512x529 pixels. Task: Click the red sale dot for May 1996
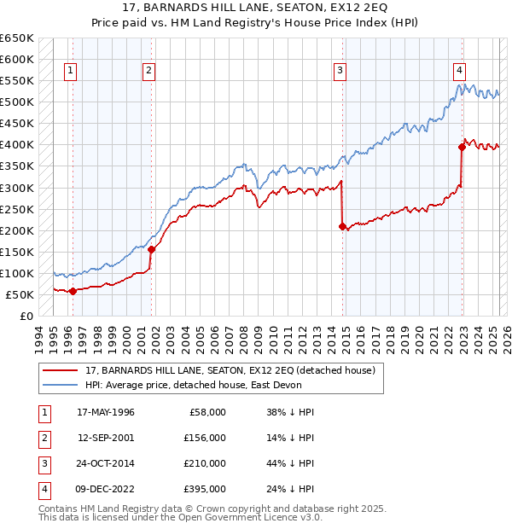coord(73,291)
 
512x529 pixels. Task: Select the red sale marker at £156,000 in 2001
coord(152,249)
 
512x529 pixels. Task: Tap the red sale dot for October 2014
coord(342,226)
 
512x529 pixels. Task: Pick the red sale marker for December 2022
coord(462,147)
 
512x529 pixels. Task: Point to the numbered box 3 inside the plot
coord(340,71)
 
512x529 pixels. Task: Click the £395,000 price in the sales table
coord(205,489)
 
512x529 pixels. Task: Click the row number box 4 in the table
coord(44,489)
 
